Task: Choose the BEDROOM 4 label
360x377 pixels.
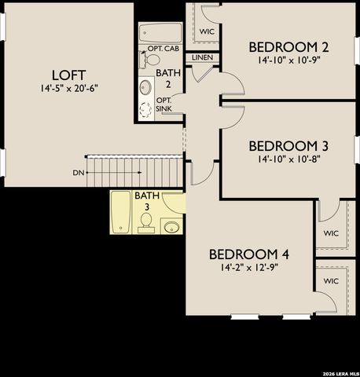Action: pos(249,254)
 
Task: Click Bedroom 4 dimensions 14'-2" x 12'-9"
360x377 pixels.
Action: pos(249,268)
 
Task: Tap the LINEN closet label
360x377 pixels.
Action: pos(202,57)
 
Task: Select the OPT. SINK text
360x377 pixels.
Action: pos(164,104)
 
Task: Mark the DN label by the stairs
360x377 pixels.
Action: pos(79,172)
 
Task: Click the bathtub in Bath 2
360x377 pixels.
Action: pos(160,34)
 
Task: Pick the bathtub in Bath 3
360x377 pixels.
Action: pos(120,210)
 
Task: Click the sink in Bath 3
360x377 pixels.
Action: pos(171,227)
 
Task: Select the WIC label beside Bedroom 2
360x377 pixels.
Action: pos(207,31)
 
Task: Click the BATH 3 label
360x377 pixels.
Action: pos(146,201)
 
